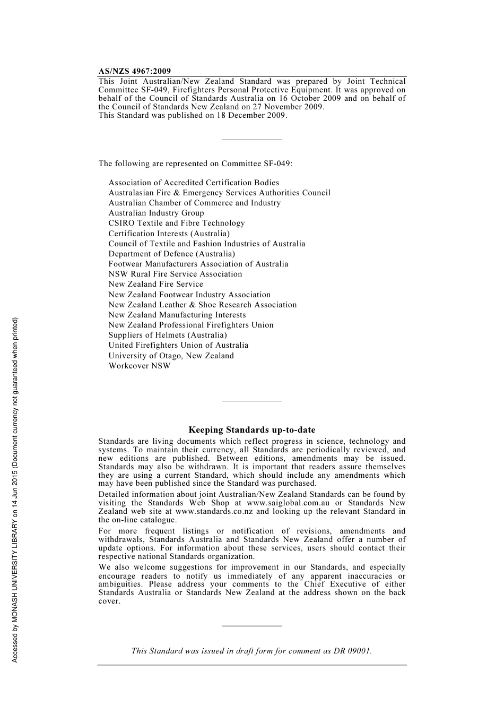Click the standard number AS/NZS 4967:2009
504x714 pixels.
click(x=135, y=71)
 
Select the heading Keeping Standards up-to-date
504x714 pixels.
click(x=251, y=430)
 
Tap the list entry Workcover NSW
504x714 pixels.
click(x=140, y=366)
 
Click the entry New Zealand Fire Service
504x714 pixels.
click(x=155, y=284)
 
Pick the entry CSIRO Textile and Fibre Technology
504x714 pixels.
click(x=177, y=223)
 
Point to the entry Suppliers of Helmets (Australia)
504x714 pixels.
click(x=168, y=335)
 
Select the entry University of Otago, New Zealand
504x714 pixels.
click(x=171, y=356)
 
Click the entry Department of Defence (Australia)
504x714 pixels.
click(x=171, y=254)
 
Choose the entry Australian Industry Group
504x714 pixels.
click(x=156, y=213)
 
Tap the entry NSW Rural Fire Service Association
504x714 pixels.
click(x=175, y=274)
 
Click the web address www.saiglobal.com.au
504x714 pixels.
click(x=288, y=503)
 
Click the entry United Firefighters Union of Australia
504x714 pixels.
click(x=178, y=345)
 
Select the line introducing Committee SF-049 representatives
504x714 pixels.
click(x=195, y=164)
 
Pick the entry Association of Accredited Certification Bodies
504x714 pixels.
click(x=194, y=183)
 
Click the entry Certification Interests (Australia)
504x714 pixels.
click(x=169, y=234)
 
